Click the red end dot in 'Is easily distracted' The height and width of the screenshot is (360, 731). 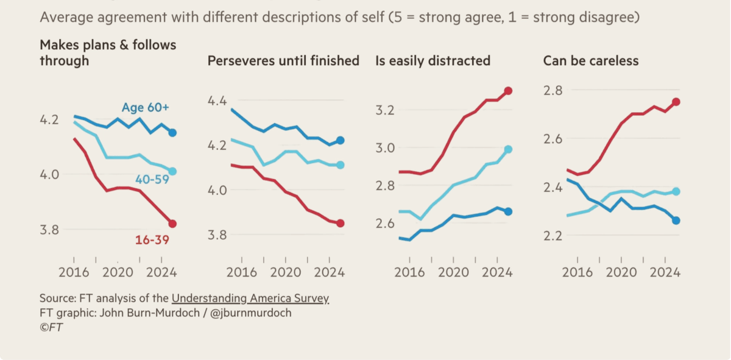point(509,91)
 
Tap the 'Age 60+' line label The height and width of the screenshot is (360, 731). point(145,108)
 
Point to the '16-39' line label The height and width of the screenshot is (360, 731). point(152,239)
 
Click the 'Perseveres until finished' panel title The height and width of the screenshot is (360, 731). point(283,61)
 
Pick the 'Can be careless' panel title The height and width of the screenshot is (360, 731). point(591,61)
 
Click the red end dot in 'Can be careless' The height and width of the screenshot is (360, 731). point(676,102)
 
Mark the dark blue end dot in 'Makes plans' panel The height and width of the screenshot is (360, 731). point(172,133)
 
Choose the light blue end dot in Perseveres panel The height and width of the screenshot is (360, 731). point(341,165)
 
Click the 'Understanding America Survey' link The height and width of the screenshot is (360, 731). point(250,298)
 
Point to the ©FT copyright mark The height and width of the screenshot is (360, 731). point(51,327)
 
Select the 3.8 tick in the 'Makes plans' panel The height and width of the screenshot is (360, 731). point(51,230)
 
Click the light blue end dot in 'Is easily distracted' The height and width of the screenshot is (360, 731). point(509,149)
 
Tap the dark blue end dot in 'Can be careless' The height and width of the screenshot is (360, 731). point(676,221)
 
